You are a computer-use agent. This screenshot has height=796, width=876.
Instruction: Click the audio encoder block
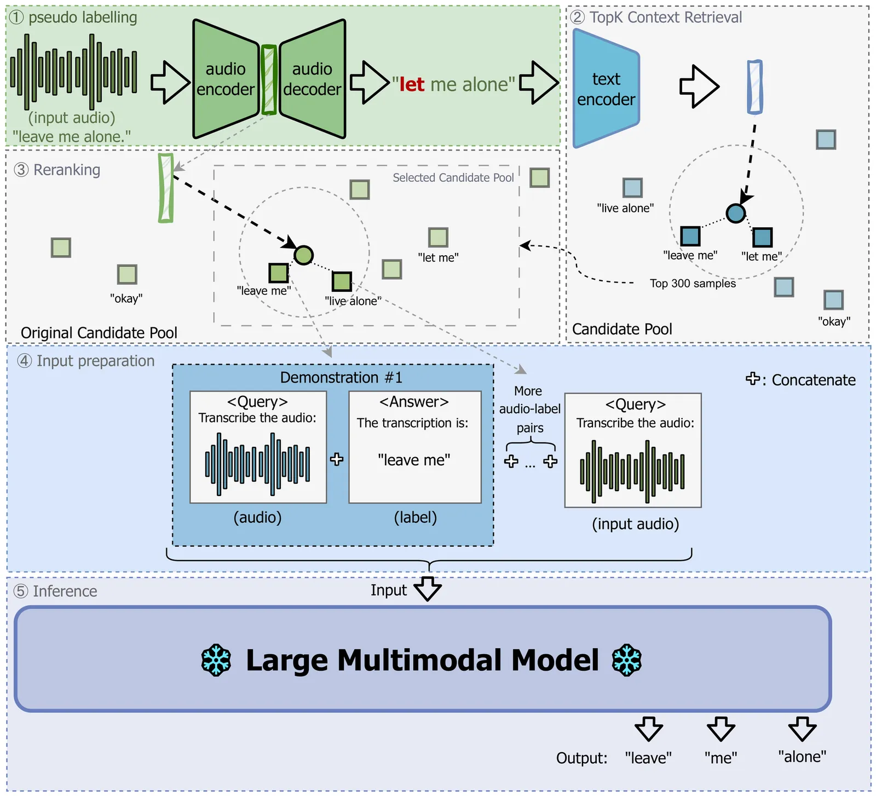pos(225,79)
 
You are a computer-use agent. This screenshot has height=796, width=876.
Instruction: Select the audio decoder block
pos(312,79)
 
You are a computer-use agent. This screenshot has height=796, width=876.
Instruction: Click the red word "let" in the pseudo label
pos(412,84)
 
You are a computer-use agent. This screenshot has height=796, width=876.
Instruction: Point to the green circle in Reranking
pos(304,255)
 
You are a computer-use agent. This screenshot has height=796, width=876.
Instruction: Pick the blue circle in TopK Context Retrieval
pos(735,213)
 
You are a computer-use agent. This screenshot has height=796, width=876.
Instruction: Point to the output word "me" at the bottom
pos(721,758)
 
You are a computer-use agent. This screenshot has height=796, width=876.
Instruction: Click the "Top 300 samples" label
pos(693,284)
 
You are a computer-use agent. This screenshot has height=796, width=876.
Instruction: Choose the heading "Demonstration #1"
pos(341,378)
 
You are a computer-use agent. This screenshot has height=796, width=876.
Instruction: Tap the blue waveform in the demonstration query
pos(257,464)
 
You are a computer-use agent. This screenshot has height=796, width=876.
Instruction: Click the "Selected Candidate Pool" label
pos(453,178)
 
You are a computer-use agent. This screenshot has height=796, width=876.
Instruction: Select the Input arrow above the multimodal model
pos(428,589)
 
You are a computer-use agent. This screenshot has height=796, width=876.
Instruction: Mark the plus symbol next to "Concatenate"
pos(753,379)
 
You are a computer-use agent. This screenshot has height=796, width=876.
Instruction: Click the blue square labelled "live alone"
pos(632,188)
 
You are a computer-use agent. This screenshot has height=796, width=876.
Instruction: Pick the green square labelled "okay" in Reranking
pos(127,274)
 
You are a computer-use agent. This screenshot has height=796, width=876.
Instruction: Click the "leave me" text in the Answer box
pos(414,460)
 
